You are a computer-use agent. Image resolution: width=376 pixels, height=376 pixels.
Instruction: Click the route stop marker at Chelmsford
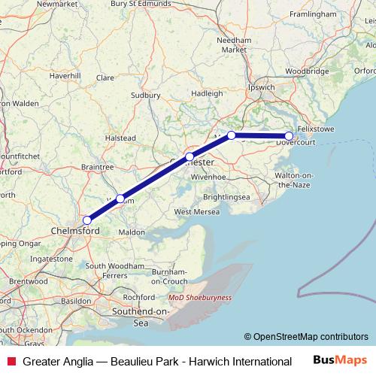[x=87, y=220]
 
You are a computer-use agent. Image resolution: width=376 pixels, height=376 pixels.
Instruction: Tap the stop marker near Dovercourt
[x=289, y=136]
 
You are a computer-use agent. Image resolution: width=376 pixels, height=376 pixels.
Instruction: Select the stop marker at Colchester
[x=190, y=156]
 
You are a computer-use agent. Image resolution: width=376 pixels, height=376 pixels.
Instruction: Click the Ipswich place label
[x=262, y=86]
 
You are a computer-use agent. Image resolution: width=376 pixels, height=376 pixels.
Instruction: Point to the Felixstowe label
[x=320, y=129]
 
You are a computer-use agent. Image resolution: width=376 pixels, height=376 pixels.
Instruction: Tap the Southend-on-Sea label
[x=141, y=316]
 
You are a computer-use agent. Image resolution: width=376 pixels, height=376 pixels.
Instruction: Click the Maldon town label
[x=132, y=232]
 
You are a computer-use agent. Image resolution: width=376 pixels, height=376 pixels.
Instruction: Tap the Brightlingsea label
[x=226, y=197]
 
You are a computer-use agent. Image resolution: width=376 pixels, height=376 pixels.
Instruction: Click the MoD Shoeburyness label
[x=201, y=297]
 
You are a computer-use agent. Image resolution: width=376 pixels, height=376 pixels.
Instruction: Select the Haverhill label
[x=65, y=76]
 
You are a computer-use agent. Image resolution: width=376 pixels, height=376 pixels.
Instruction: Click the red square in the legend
[x=11, y=362]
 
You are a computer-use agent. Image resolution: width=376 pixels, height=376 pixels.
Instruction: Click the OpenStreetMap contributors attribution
[x=306, y=337]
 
